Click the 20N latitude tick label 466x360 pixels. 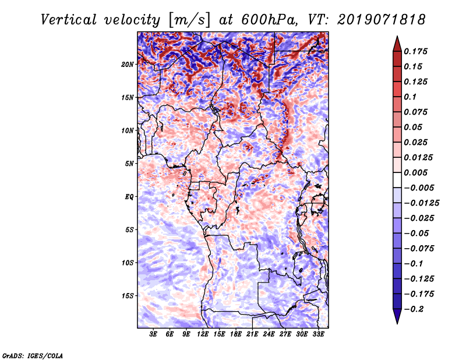(128, 65)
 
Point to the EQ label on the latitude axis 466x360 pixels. (129, 197)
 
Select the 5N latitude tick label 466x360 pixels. (129, 164)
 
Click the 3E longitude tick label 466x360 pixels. (153, 334)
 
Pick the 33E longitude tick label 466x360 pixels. (318, 334)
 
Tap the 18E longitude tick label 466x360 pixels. (235, 334)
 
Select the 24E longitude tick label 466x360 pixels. (269, 334)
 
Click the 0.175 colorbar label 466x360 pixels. (415, 51)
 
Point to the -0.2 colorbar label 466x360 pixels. (414, 309)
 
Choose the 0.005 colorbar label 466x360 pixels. (415, 172)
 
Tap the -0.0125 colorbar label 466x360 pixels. (421, 203)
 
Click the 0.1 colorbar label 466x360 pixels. (410, 97)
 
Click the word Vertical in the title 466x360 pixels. (69, 20)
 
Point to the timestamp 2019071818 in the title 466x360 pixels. (382, 20)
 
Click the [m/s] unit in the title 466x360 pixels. (189, 20)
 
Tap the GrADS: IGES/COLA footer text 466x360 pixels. (33, 355)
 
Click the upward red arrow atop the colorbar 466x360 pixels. (397, 44)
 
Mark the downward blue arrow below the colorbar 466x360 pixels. (397, 316)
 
